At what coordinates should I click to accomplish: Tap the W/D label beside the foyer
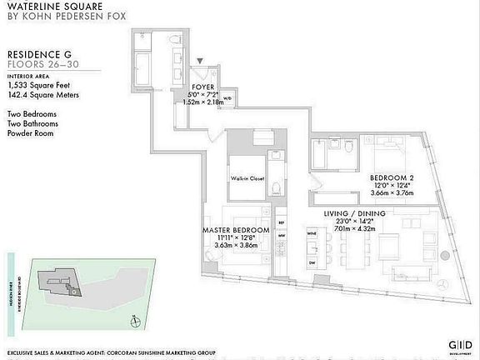click(x=227, y=98)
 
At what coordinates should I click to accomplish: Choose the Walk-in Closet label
click(x=247, y=177)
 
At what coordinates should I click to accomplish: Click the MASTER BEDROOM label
click(x=236, y=229)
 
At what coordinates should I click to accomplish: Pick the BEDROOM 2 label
click(x=391, y=177)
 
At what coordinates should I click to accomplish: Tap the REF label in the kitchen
click(x=281, y=222)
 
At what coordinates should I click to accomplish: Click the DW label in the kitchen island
click(x=312, y=262)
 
